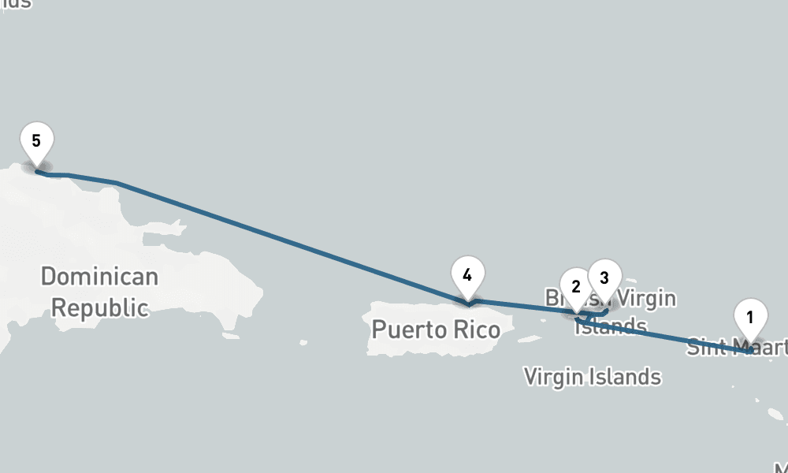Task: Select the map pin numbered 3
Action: tap(604, 278)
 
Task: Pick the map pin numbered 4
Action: tap(468, 277)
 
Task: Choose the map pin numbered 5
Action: tap(36, 143)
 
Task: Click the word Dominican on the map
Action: tap(99, 277)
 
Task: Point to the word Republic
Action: tap(99, 307)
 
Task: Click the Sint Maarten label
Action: tap(737, 346)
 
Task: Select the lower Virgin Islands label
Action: tap(593, 377)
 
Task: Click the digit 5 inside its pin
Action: tap(36, 140)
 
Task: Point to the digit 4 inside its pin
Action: tap(468, 275)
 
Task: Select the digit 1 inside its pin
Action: tap(750, 317)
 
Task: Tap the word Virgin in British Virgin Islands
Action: tap(646, 299)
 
